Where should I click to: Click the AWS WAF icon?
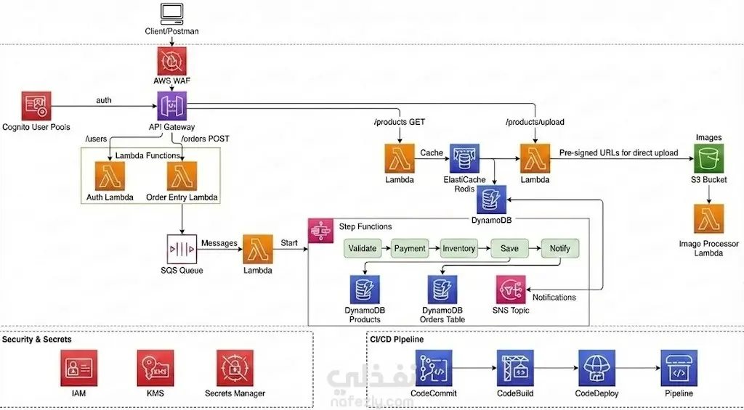coord(171,61)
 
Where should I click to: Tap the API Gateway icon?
coord(172,106)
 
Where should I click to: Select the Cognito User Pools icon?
coord(36,106)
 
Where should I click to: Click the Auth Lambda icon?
coord(110,176)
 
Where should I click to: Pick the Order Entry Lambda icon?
coord(182,176)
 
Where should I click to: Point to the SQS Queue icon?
coord(182,249)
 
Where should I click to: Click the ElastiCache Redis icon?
coord(464,158)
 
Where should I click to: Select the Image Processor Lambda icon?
coord(709,218)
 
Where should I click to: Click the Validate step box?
coord(363,248)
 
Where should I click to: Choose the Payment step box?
coord(410,248)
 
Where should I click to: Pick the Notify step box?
coord(560,248)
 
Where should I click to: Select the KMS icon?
coord(155,368)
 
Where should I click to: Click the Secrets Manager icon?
coord(235,368)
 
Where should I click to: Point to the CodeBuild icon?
coord(515,368)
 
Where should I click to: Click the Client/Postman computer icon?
coord(171,13)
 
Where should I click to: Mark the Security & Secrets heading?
coord(37,340)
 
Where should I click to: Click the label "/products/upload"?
coord(535,122)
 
